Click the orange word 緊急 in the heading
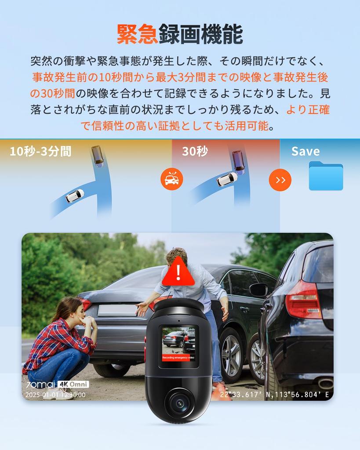click(x=137, y=34)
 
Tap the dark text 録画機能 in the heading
click(x=200, y=34)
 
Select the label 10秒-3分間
click(x=40, y=152)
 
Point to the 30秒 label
click(x=195, y=152)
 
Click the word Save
click(x=305, y=152)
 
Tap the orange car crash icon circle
click(x=171, y=179)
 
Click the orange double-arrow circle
click(x=280, y=180)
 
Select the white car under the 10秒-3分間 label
click(x=75, y=196)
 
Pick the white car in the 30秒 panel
click(x=227, y=179)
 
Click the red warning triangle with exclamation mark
click(x=178, y=272)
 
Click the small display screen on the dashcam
click(x=178, y=346)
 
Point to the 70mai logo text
click(x=40, y=385)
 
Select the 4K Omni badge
click(x=73, y=385)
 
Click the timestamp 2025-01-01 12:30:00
click(x=55, y=395)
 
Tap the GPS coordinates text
click(x=274, y=395)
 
